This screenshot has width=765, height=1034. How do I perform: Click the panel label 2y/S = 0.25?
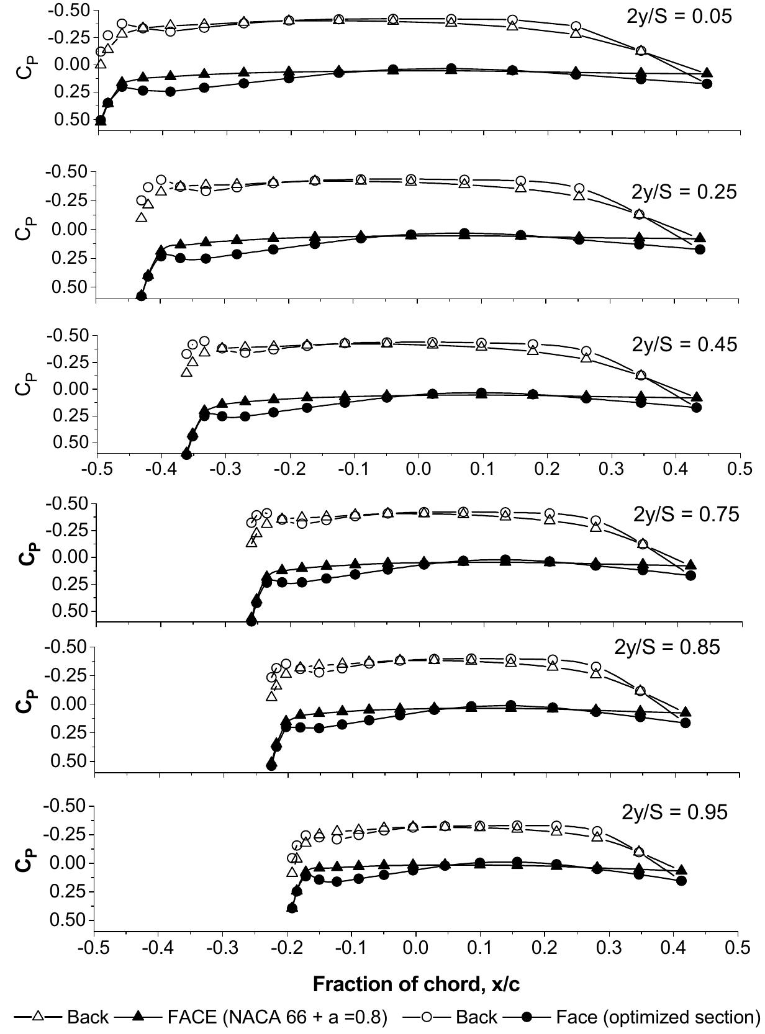pos(685,192)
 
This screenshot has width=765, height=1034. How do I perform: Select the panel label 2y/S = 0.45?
pos(685,344)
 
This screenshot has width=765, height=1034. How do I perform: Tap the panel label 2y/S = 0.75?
pos(686,515)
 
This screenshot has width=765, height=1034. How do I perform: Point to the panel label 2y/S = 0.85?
pos(668,647)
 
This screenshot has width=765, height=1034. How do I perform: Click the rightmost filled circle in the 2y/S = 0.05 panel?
pos(706,83)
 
